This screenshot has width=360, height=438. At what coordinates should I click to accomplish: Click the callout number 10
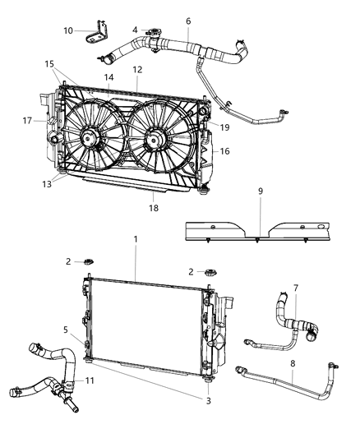68,31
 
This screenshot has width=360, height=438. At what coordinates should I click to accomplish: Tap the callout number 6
188,21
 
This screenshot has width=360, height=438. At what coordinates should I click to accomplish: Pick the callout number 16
226,151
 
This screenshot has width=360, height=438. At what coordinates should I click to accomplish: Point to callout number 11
91,380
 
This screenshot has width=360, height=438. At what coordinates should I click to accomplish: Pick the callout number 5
65,330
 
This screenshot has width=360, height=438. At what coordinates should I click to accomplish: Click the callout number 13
47,184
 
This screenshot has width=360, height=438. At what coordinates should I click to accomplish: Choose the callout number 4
135,30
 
